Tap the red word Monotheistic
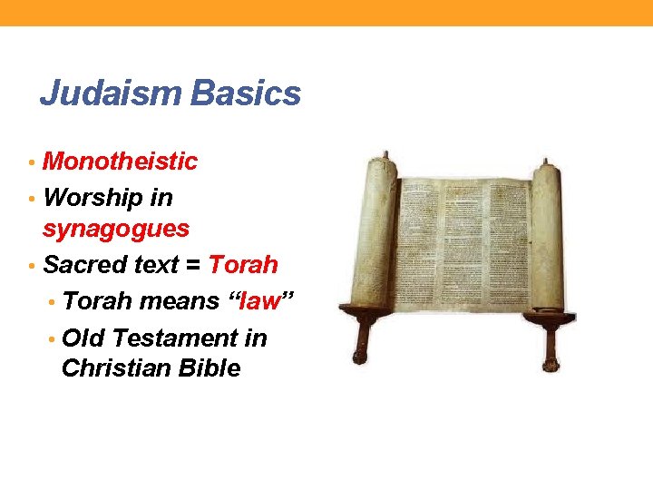tap(120, 162)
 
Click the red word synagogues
tap(116, 229)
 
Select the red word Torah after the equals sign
tap(243, 265)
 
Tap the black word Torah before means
tap(97, 300)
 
